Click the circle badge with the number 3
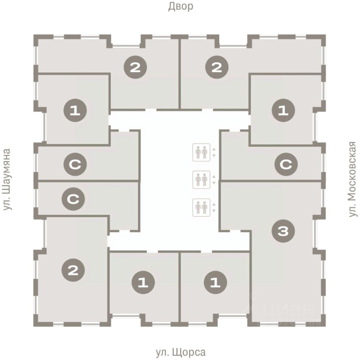click(x=283, y=232)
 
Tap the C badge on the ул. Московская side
click(x=286, y=164)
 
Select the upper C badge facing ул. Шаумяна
click(x=75, y=164)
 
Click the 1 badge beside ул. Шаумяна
click(x=75, y=111)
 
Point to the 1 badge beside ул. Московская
click(x=283, y=111)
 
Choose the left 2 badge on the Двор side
click(x=136, y=67)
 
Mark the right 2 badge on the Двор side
click(x=217, y=67)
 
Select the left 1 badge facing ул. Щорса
click(x=142, y=282)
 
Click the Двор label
click(x=180, y=6)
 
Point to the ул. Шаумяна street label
click(x=8, y=179)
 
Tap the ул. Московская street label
click(x=352, y=179)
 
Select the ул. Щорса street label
click(x=181, y=352)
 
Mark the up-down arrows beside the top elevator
click(x=214, y=152)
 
